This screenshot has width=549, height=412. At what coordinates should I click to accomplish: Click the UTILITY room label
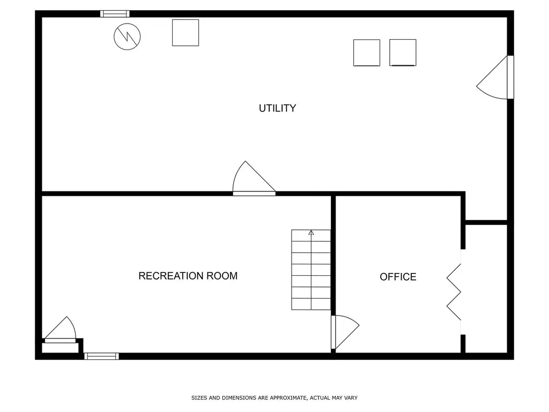click(x=277, y=108)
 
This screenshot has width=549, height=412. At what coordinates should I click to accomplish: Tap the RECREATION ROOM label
click(x=188, y=276)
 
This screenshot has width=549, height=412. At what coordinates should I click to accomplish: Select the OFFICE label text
click(x=398, y=277)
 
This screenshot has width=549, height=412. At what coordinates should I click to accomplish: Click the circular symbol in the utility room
click(x=128, y=36)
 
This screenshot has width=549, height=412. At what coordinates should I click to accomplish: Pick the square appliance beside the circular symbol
click(x=186, y=33)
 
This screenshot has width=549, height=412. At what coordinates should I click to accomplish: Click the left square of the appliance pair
click(x=367, y=53)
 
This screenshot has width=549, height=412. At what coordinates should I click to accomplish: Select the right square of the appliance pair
click(x=403, y=53)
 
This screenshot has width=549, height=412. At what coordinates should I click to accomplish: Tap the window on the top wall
click(x=115, y=14)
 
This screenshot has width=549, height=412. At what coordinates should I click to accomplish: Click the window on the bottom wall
click(x=101, y=356)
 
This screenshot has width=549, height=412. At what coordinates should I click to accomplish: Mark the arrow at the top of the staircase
click(x=311, y=232)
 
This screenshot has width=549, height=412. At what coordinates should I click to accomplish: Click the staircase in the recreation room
click(x=311, y=270)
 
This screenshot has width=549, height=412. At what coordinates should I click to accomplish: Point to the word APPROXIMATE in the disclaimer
click(x=287, y=398)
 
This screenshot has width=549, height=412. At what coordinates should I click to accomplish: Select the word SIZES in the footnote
click(x=199, y=398)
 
